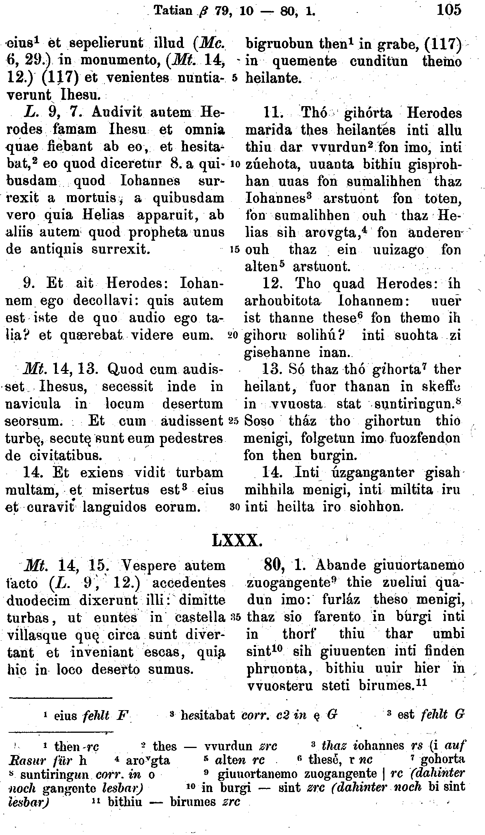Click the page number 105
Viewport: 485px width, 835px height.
[x=449, y=9]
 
